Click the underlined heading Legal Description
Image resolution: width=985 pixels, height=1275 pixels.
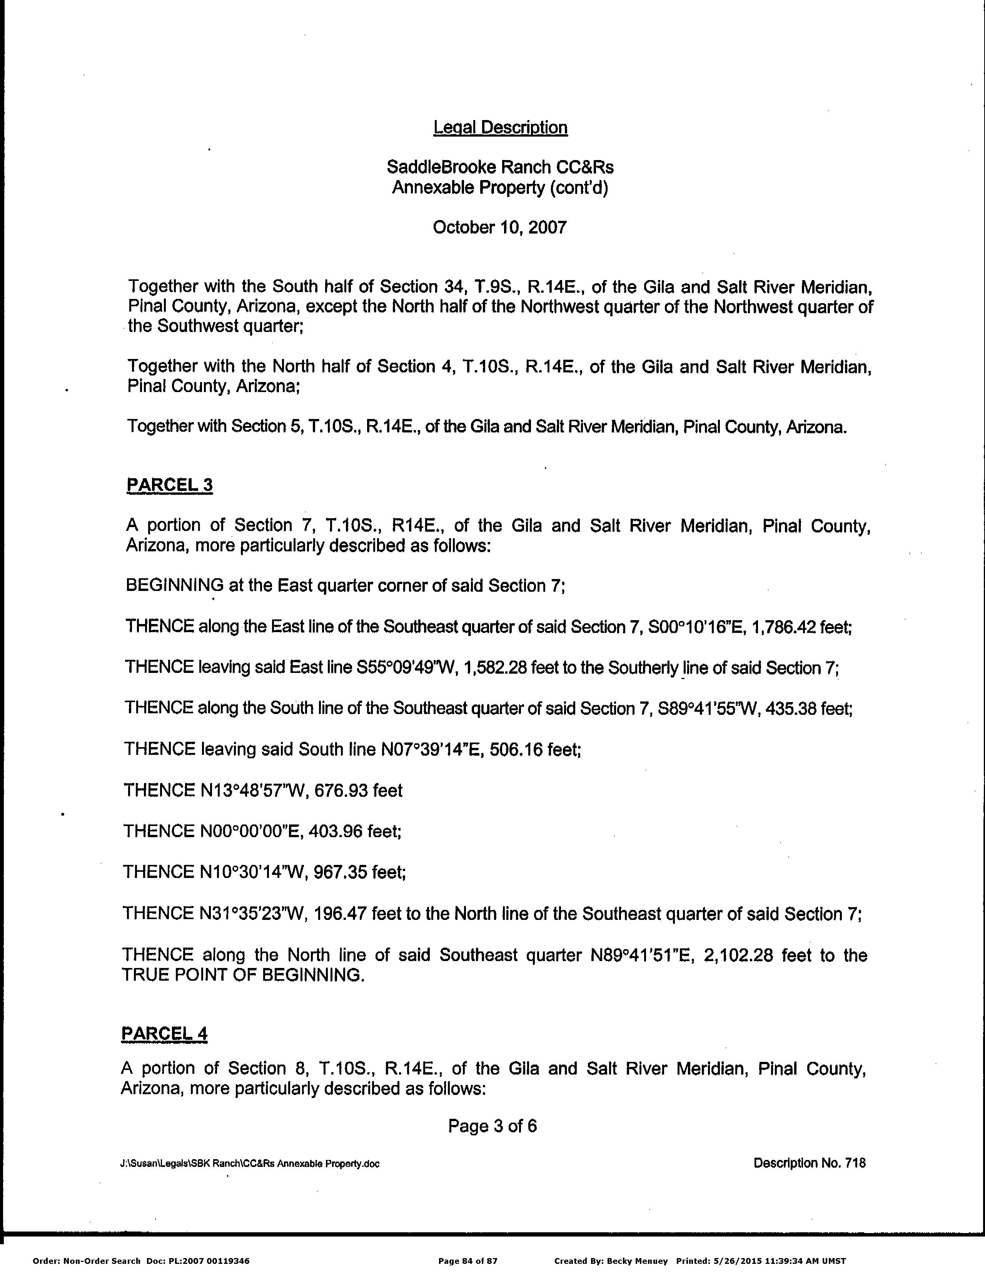[x=500, y=127]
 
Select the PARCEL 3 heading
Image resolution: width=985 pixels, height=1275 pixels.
[x=169, y=485]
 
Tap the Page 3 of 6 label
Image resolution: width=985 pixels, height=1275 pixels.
[x=492, y=1126]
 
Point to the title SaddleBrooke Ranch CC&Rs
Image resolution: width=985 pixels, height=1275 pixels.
[x=500, y=167]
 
